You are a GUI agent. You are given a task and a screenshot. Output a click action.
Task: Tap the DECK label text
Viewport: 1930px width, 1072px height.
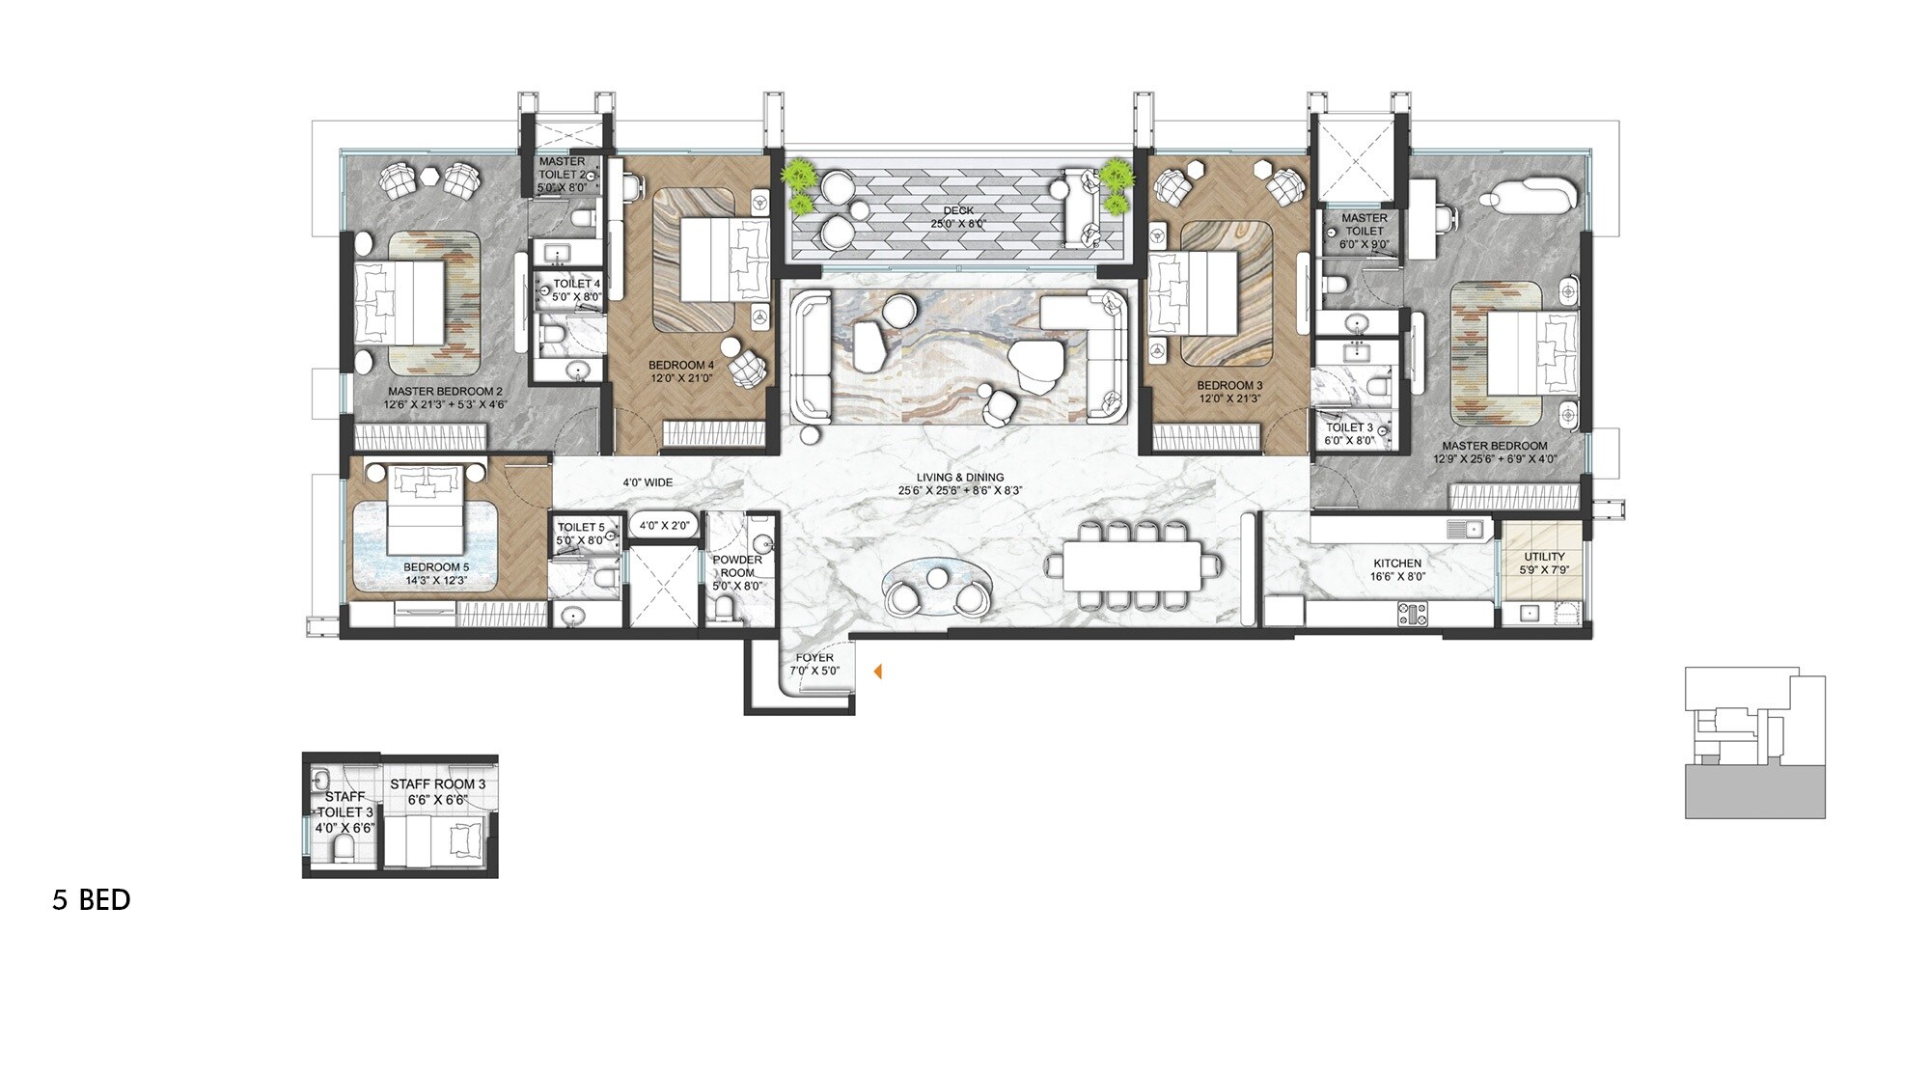[x=958, y=210]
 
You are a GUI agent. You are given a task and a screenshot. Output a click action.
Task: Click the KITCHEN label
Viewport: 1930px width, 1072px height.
[x=1396, y=563]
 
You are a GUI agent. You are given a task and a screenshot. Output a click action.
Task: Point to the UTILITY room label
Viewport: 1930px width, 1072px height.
[x=1544, y=557]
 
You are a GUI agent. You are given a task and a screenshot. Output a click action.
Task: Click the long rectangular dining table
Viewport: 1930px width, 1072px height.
[x=1132, y=565]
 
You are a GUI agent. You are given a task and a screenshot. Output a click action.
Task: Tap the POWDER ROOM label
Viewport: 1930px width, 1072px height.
[x=737, y=565]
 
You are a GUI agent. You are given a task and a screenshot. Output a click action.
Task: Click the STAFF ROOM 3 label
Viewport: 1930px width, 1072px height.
[x=437, y=784]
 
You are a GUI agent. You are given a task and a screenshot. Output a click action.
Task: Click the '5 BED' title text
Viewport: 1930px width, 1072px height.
[x=92, y=900]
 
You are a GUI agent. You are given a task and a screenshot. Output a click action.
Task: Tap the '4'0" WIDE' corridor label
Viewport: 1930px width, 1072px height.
[x=647, y=482]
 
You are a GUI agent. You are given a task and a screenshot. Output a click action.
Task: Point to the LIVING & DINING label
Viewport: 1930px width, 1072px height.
[x=959, y=478]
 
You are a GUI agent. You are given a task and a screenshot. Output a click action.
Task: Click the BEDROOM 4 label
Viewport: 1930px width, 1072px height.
[x=680, y=365]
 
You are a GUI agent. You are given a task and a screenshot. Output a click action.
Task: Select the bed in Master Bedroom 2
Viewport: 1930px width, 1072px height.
[x=399, y=301]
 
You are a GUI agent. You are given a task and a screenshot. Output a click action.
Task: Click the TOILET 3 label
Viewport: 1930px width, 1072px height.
[x=1349, y=427]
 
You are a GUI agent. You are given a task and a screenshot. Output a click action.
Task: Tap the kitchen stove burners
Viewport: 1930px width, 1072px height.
[x=1412, y=613]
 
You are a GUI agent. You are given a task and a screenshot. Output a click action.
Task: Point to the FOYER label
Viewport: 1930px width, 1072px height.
[x=814, y=658]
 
